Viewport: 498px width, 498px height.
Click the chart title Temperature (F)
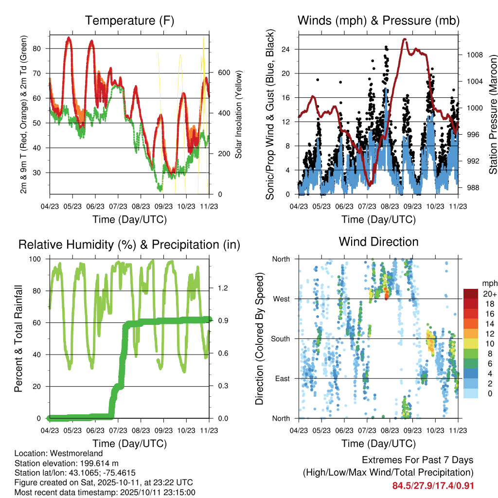point(129,21)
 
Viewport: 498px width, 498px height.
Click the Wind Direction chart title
point(378,242)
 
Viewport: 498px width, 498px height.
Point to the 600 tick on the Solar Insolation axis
point(223,72)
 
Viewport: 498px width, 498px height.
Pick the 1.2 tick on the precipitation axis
point(222,288)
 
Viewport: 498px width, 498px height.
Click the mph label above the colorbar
point(489,283)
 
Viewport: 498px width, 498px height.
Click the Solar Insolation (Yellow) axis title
point(239,115)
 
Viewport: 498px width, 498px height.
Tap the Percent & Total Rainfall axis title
point(18,338)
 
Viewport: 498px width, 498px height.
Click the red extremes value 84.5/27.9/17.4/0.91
point(433,485)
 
